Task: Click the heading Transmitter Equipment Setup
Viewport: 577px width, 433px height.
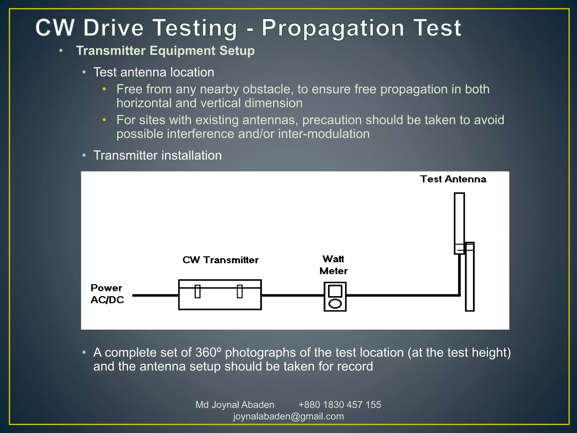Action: [165, 51]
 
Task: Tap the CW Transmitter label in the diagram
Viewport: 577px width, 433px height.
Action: [220, 260]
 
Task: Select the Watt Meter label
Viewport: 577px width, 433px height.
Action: [333, 265]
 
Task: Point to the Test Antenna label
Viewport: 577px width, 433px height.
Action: [453, 179]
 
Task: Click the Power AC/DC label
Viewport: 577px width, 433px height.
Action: [107, 294]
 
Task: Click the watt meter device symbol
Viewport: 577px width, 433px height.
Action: [335, 297]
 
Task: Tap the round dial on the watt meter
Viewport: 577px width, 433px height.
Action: [335, 304]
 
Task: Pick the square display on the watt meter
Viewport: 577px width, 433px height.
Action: [335, 291]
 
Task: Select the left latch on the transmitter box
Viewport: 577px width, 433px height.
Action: [197, 291]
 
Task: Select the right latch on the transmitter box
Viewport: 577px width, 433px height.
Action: [239, 291]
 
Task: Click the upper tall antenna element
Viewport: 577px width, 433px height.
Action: [459, 220]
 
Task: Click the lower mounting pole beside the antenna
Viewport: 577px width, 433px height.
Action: [470, 282]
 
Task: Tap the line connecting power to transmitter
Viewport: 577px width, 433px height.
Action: [155, 295]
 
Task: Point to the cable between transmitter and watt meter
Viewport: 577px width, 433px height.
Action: [292, 295]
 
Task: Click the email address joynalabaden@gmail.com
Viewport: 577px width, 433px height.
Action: [288, 416]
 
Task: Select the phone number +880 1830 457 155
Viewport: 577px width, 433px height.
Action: [339, 405]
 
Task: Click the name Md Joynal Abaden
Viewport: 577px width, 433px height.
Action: [235, 405]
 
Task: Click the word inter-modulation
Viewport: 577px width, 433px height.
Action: [324, 134]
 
